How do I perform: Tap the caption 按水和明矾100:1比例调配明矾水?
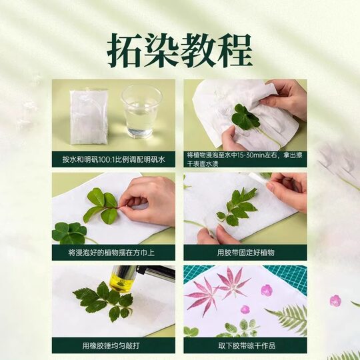pyautogui.click(x=113, y=160)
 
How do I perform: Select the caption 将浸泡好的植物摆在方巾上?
pyautogui.click(x=113, y=253)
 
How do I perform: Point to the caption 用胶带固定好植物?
pyautogui.click(x=245, y=253)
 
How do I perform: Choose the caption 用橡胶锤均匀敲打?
pyautogui.click(x=113, y=345)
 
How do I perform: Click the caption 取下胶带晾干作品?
pyautogui.click(x=245, y=345)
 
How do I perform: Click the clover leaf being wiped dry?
pyautogui.click(x=245, y=118)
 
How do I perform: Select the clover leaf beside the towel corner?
pyautogui.click(x=69, y=233)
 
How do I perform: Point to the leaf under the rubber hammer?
pyautogui.click(x=100, y=299)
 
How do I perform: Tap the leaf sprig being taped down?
pyautogui.click(x=237, y=207)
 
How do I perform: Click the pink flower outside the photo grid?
pyautogui.click(x=335, y=301)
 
